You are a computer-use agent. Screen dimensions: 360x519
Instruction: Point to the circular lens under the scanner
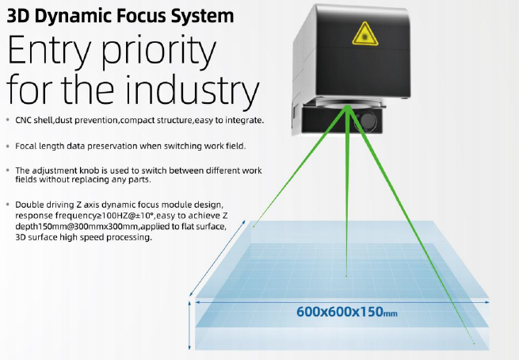346,102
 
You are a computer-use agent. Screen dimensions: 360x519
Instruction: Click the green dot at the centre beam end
345,275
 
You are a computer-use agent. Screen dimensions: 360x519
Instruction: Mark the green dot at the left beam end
254,228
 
